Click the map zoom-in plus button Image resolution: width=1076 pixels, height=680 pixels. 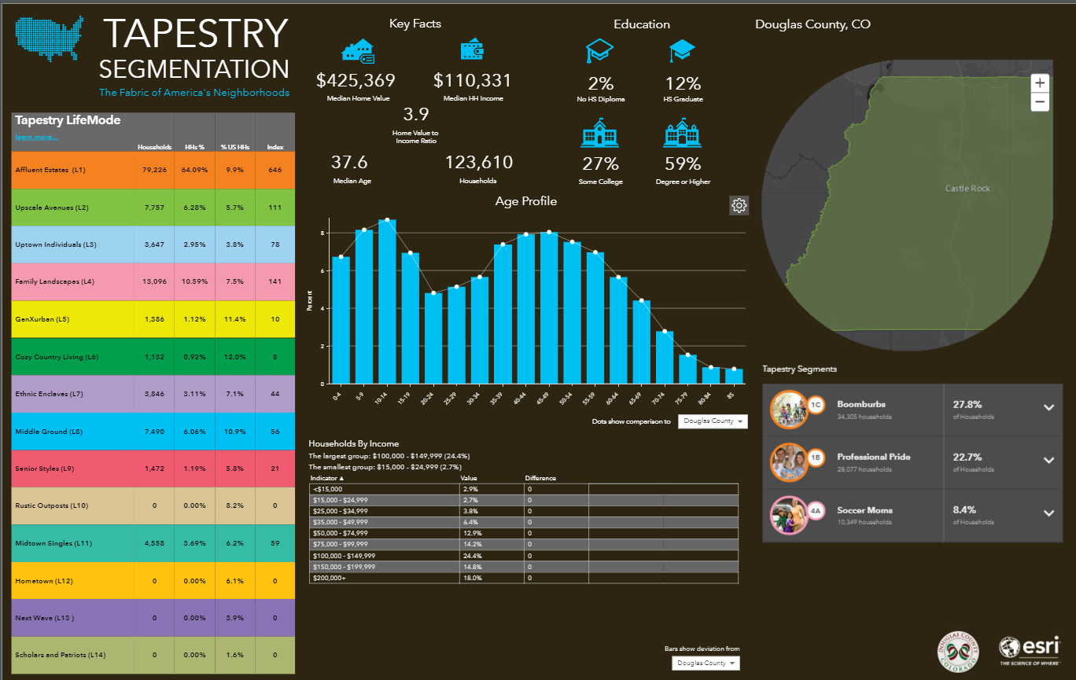click(1040, 83)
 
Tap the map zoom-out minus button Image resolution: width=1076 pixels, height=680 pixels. click(1040, 101)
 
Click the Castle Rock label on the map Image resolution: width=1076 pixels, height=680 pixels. click(967, 189)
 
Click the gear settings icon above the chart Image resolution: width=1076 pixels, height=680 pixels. click(739, 206)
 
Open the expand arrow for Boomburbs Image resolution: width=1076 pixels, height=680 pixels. click(1048, 407)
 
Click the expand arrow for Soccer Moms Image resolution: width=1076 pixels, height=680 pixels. click(1048, 513)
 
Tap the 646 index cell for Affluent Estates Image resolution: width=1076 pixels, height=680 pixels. click(275, 170)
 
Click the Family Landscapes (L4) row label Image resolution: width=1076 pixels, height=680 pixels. click(55, 281)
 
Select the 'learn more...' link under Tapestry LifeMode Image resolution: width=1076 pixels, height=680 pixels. click(36, 138)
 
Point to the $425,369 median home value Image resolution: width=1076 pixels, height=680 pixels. click(356, 80)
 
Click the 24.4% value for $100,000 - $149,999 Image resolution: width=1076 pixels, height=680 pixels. click(470, 555)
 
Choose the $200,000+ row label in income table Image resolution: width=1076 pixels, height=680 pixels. click(328, 578)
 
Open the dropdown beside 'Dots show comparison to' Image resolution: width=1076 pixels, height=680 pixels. click(713, 421)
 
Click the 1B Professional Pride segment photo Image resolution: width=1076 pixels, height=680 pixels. click(788, 461)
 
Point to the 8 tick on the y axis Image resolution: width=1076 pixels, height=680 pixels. click(322, 233)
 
